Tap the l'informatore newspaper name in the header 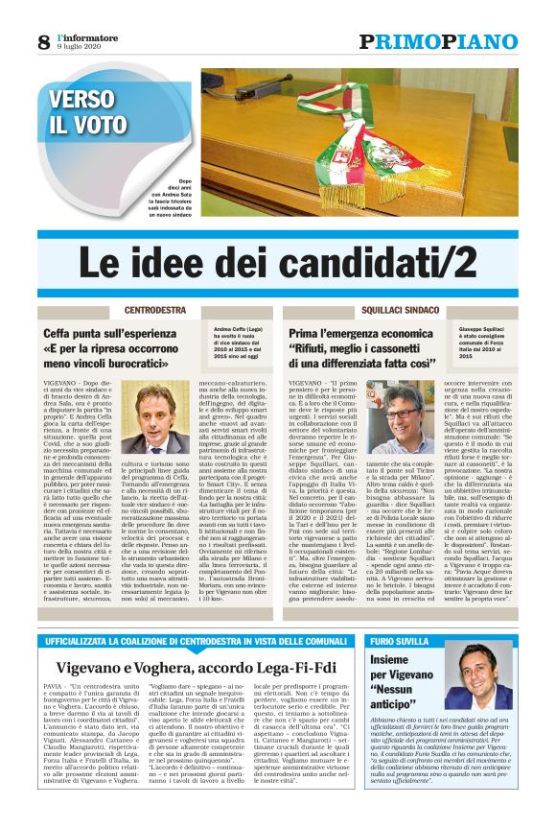pos(84,36)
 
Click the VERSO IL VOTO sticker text pos(89,112)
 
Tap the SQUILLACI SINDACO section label pos(390,311)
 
